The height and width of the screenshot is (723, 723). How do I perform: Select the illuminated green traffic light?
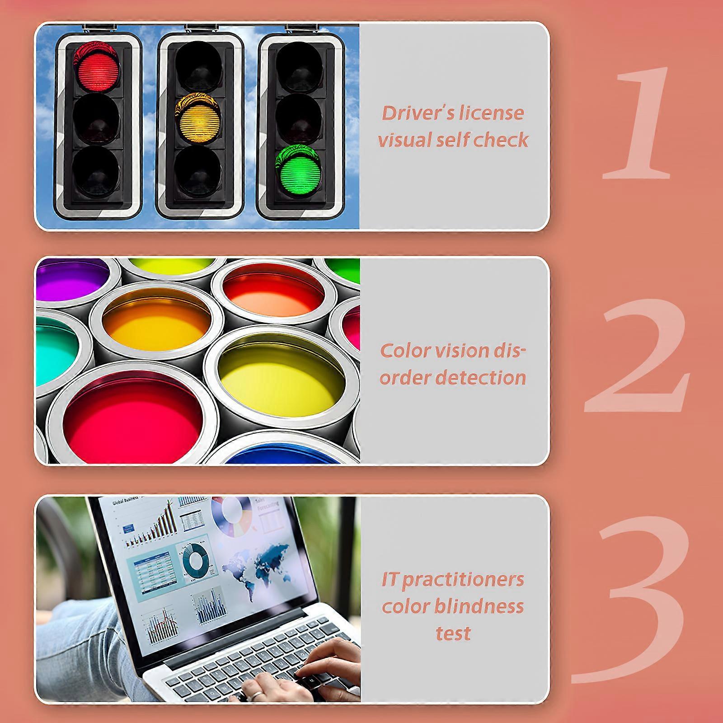299,170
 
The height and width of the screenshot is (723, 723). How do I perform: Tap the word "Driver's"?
416,113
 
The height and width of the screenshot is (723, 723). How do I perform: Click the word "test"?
453,634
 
